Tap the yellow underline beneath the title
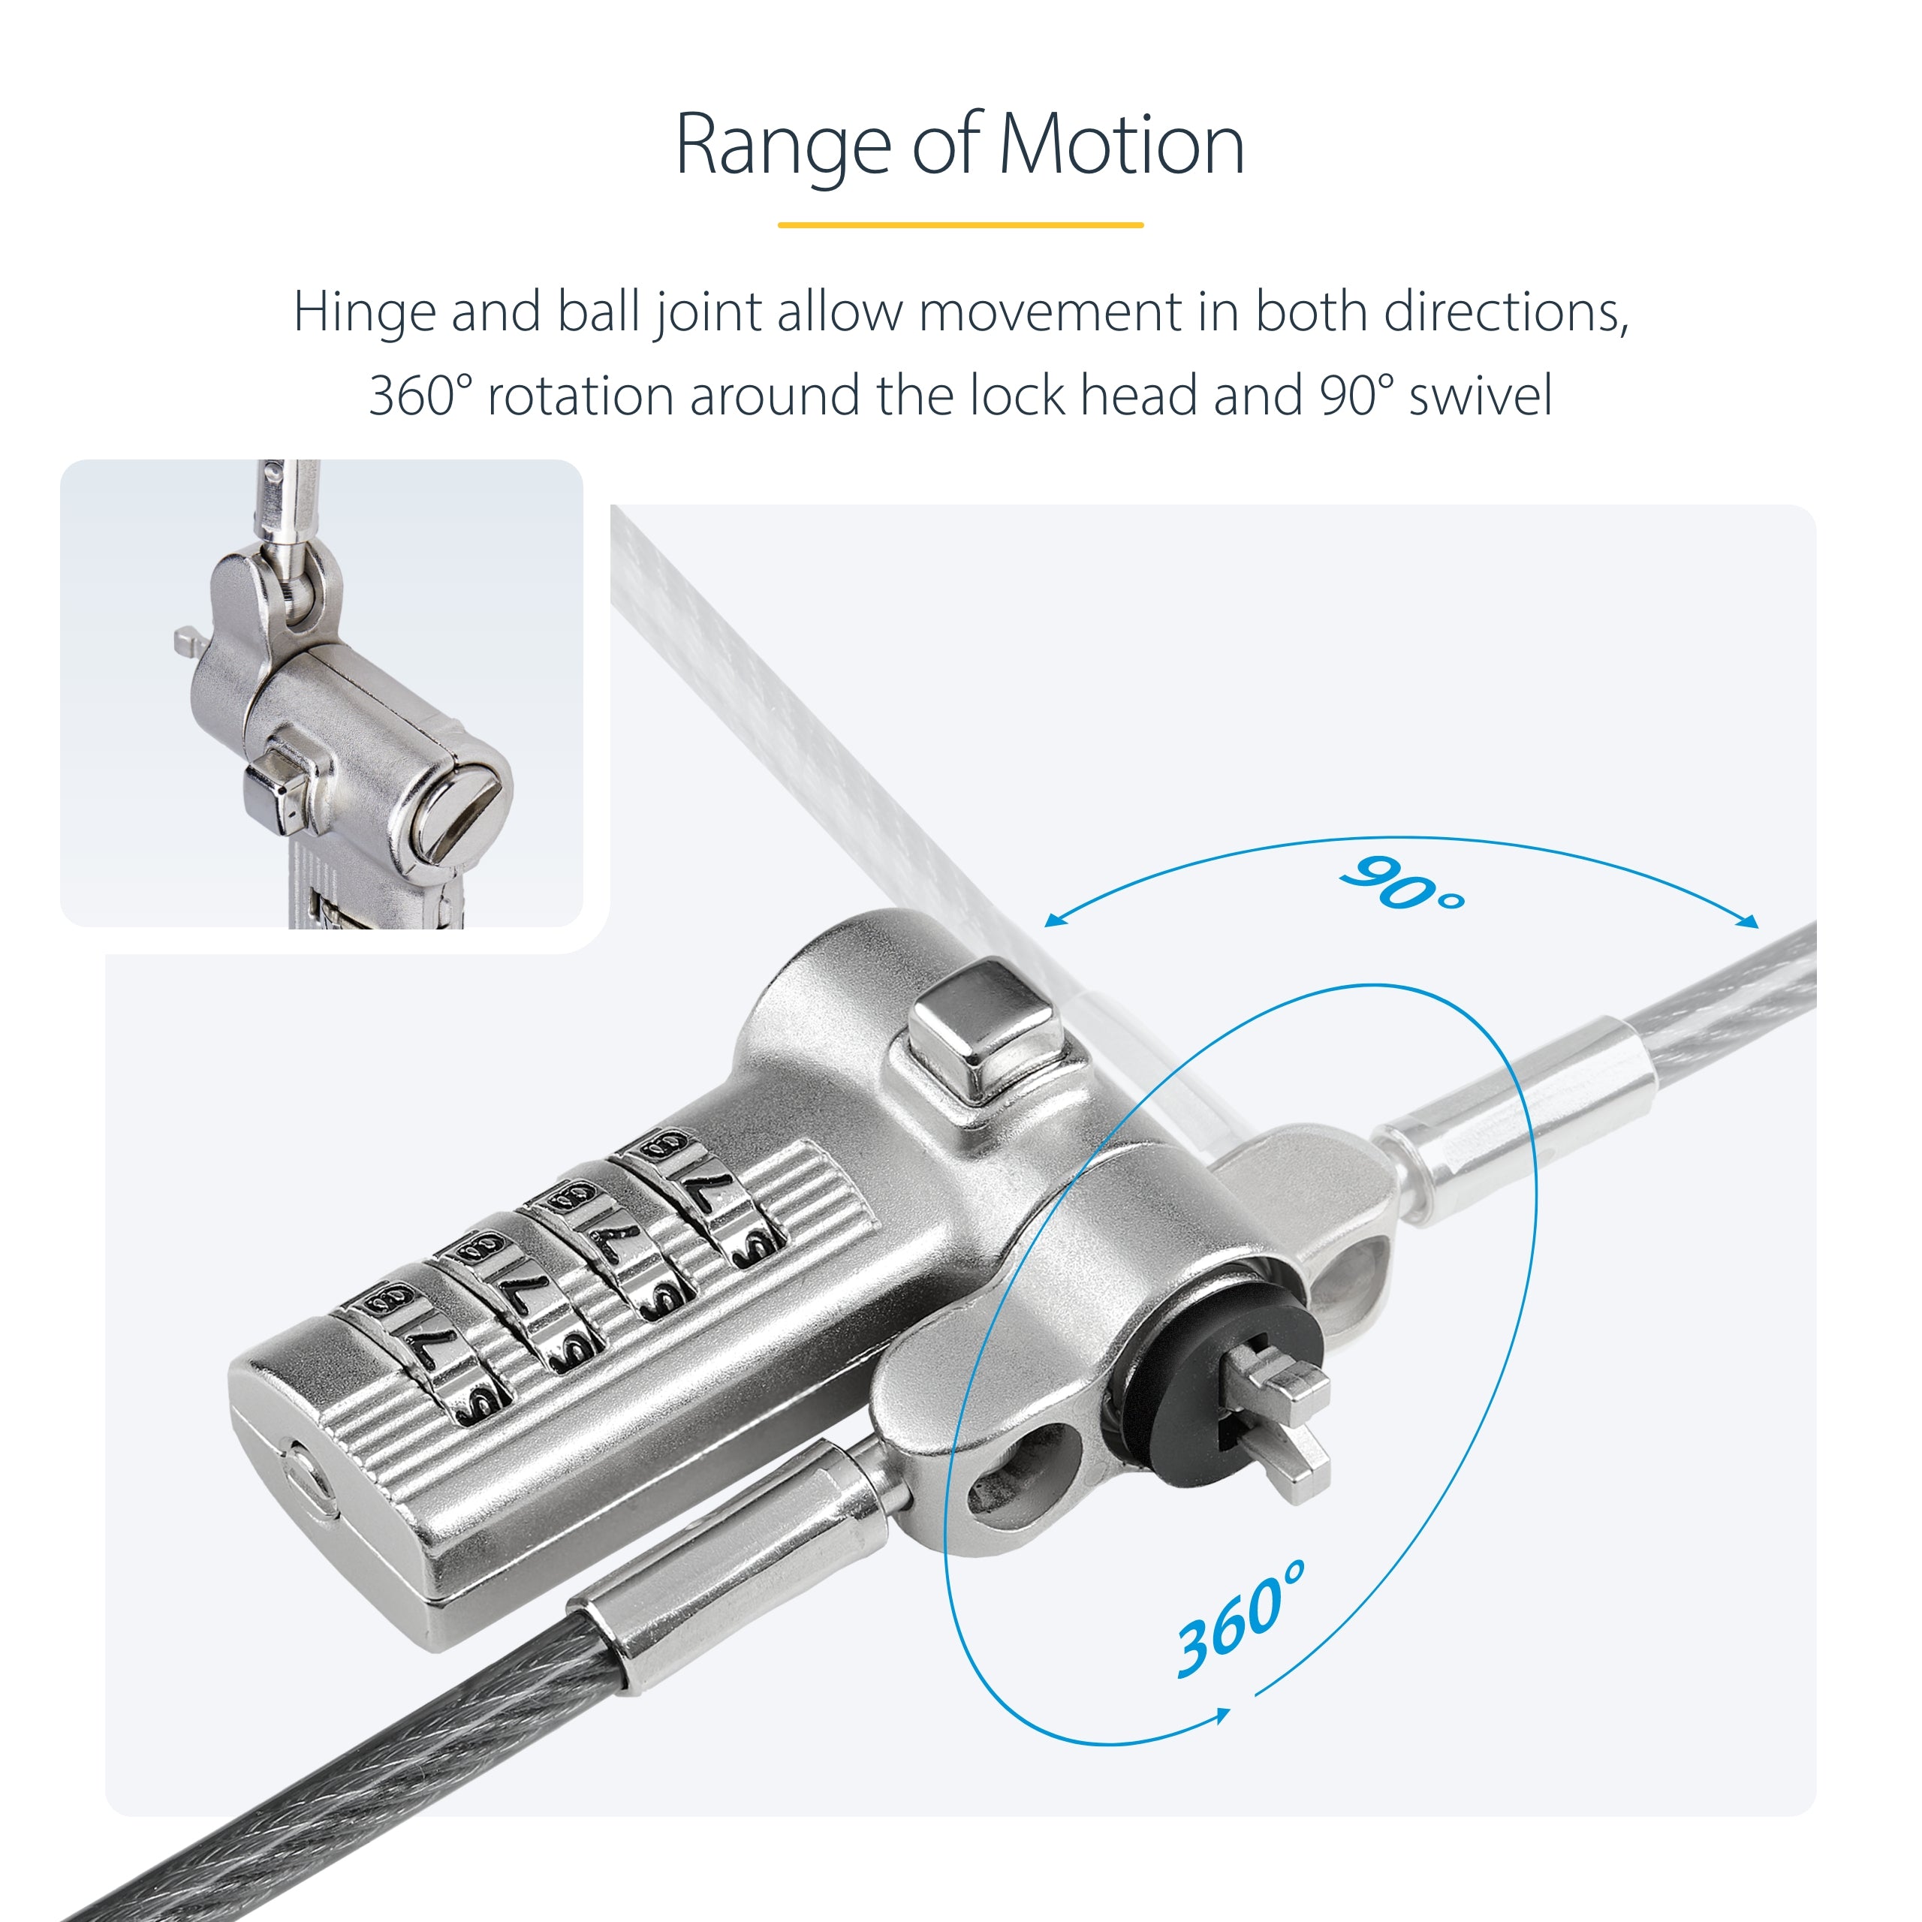coord(960,224)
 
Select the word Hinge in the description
coord(364,312)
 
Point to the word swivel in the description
coord(1481,396)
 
